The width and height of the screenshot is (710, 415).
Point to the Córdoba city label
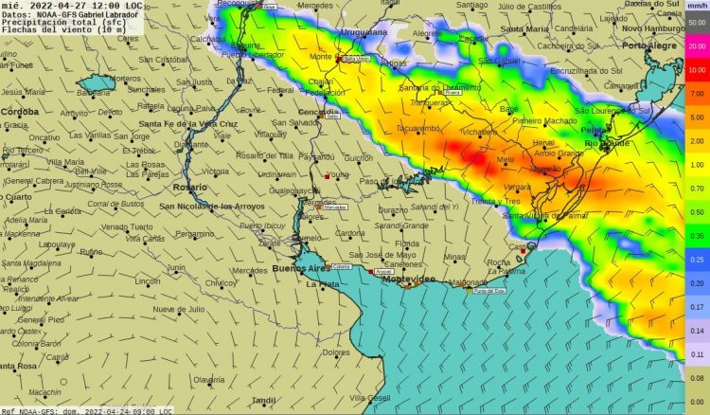(x=20, y=111)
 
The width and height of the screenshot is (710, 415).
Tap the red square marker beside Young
(x=327, y=176)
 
